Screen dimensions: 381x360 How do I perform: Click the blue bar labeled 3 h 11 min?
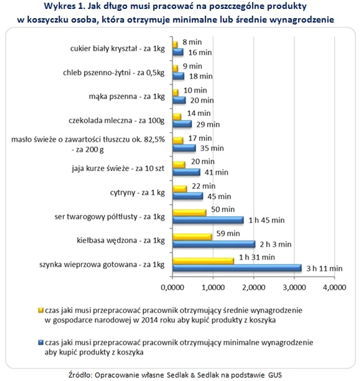(x=237, y=268)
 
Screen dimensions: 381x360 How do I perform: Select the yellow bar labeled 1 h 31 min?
(x=203, y=260)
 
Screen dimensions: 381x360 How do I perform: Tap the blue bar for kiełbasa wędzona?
(x=214, y=244)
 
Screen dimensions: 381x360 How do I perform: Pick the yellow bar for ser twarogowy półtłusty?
(x=190, y=213)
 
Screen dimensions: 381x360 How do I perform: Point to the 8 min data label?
(x=192, y=42)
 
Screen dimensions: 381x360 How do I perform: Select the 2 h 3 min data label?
(x=276, y=244)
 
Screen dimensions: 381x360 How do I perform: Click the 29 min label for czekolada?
(x=209, y=124)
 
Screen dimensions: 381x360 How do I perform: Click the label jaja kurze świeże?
(x=118, y=168)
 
